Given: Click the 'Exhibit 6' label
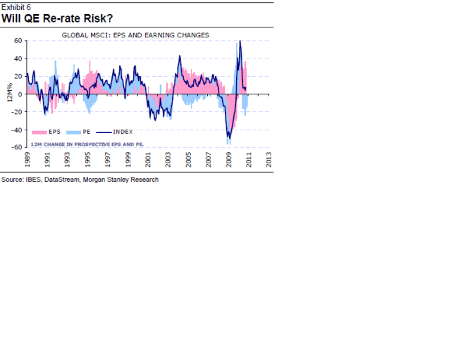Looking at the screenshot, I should coord(16,6).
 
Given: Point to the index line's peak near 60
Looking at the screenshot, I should coord(240,41).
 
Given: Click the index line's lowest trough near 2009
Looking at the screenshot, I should coord(228,139).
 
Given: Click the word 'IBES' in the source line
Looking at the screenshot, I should coord(32,180).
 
